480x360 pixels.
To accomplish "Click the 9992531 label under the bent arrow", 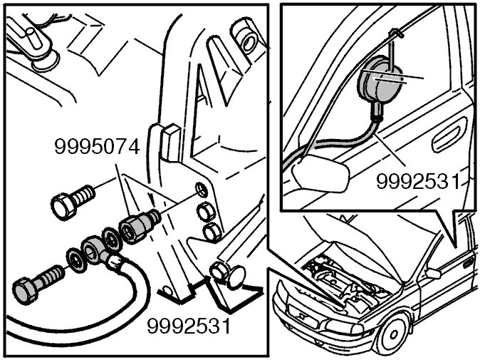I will click(189, 327).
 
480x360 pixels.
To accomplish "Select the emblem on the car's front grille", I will click(300, 317).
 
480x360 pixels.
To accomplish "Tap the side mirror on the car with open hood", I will click(431, 272).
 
